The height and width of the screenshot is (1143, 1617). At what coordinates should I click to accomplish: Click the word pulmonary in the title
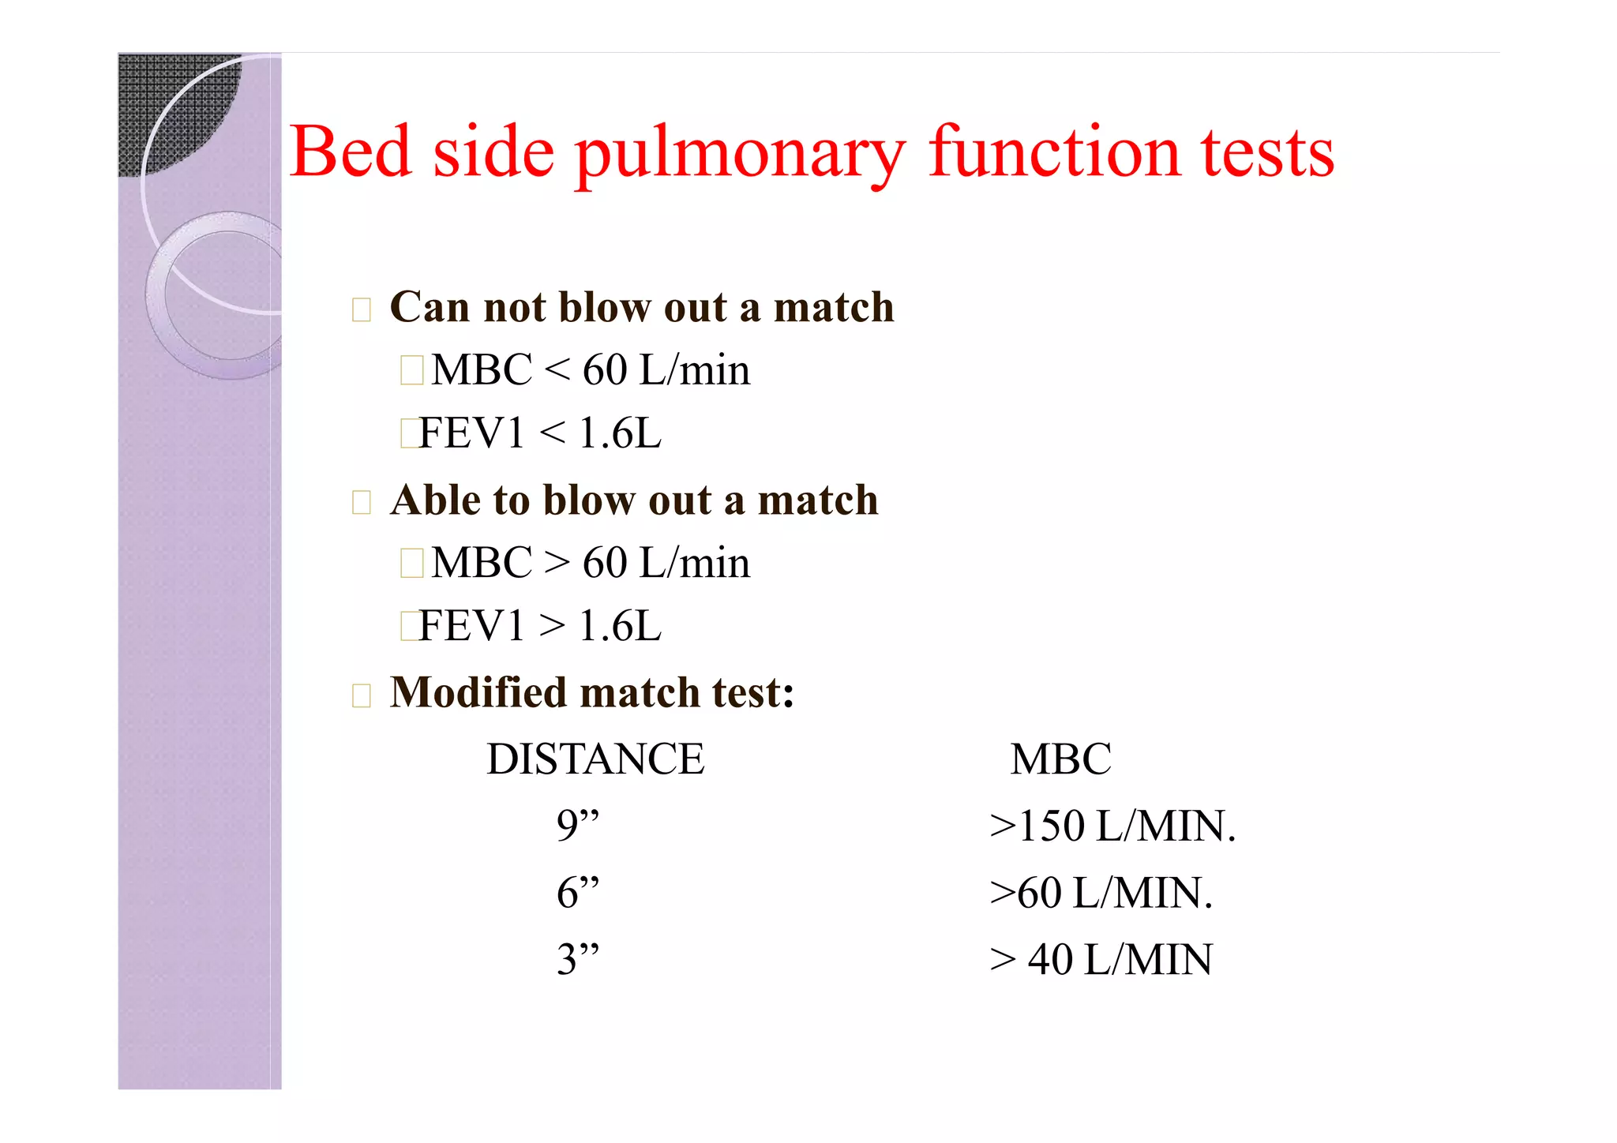740,154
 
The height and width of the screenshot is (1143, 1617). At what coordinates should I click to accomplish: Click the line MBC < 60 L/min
590,369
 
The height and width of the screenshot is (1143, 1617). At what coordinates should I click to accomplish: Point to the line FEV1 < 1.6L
540,433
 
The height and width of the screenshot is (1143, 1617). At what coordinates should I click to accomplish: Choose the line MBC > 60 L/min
590,563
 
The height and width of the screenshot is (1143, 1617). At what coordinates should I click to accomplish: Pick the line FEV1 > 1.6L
540,626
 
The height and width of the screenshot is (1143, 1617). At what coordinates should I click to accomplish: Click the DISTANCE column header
595,759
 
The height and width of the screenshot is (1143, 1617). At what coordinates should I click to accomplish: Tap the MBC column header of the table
1060,759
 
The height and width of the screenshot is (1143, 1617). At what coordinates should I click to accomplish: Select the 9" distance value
577,826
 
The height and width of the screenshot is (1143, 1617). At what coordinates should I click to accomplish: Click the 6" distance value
577,893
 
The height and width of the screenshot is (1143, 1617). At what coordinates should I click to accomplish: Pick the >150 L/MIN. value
1112,826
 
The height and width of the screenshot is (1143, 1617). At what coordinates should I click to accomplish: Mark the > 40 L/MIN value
1101,960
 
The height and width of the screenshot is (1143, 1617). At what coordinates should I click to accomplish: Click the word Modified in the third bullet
478,692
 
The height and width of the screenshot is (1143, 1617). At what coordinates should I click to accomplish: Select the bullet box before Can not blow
362,309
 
